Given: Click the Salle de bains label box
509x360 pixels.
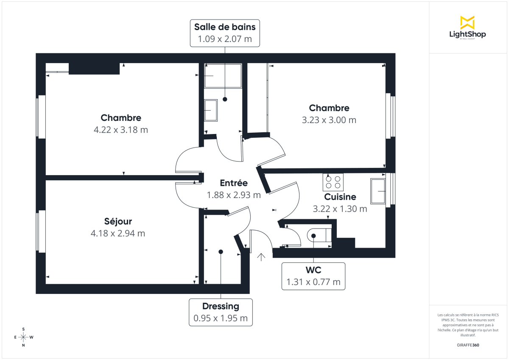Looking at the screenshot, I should pyautogui.click(x=225, y=33).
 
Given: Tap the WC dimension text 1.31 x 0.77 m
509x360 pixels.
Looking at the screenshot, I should pyautogui.click(x=313, y=282).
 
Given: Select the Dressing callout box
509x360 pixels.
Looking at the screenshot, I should pyautogui.click(x=221, y=312).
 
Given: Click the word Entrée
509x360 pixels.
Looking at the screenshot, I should pyautogui.click(x=234, y=183).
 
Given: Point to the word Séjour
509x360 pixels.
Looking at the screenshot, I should pyautogui.click(x=118, y=221).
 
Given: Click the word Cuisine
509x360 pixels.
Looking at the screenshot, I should pyautogui.click(x=340, y=197).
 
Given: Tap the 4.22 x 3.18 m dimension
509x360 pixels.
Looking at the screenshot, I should pyautogui.click(x=121, y=130).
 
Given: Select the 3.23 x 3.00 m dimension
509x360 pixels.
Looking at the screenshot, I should pyautogui.click(x=329, y=120).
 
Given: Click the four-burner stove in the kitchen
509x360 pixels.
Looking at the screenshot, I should pyautogui.click(x=333, y=182).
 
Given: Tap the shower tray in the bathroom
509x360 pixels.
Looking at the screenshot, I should pyautogui.click(x=223, y=75).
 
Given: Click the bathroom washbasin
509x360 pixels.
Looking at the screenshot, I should pyautogui.click(x=210, y=110).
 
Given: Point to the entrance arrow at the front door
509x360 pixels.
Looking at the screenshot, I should pyautogui.click(x=261, y=256).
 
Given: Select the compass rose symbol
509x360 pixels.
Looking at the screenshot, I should pyautogui.click(x=23, y=337).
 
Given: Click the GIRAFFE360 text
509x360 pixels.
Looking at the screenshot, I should pyautogui.click(x=467, y=345).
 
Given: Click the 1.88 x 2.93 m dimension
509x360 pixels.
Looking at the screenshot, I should pyautogui.click(x=234, y=195).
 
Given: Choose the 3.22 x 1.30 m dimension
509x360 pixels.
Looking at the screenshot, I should pyautogui.click(x=340, y=209).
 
